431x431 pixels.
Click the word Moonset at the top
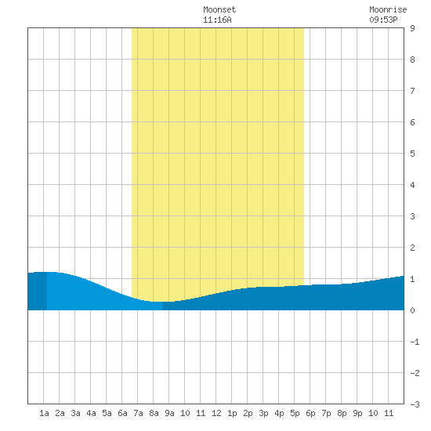(x=219, y=10)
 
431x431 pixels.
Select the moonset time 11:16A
(x=217, y=20)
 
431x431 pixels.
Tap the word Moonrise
(x=388, y=10)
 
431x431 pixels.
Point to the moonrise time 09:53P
(x=383, y=20)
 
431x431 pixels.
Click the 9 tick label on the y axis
(x=412, y=28)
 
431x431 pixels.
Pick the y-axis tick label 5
(x=412, y=154)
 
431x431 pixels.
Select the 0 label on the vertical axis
(x=412, y=310)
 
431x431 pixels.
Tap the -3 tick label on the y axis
(x=415, y=404)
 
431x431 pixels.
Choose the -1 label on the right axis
(x=415, y=342)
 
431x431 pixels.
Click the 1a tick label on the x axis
(x=44, y=413)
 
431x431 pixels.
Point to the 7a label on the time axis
(x=138, y=413)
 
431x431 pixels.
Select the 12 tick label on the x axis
(x=216, y=413)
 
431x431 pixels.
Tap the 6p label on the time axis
(x=310, y=413)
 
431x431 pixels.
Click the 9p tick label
(x=357, y=413)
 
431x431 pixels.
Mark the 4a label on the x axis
(x=91, y=413)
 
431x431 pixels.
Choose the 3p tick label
(x=263, y=413)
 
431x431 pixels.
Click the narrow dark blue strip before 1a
(x=38, y=291)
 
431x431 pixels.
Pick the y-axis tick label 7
(x=412, y=91)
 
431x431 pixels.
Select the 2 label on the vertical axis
(x=412, y=248)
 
